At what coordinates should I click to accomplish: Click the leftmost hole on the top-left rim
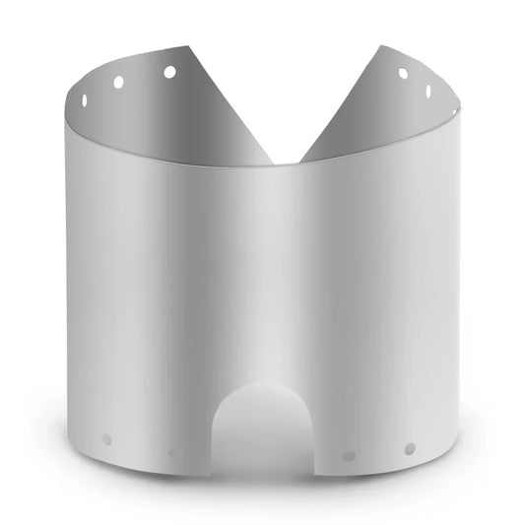tap(82, 99)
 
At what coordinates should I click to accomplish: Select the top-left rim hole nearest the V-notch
tap(168, 72)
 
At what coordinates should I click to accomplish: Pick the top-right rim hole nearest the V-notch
tap(403, 73)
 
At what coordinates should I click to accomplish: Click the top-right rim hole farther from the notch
tap(428, 91)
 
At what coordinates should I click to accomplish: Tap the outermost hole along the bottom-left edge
tap(106, 438)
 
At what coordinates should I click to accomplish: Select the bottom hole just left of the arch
tap(174, 452)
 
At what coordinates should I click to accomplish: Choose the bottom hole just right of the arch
tap(348, 456)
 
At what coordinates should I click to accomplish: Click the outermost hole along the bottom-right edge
tap(410, 448)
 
